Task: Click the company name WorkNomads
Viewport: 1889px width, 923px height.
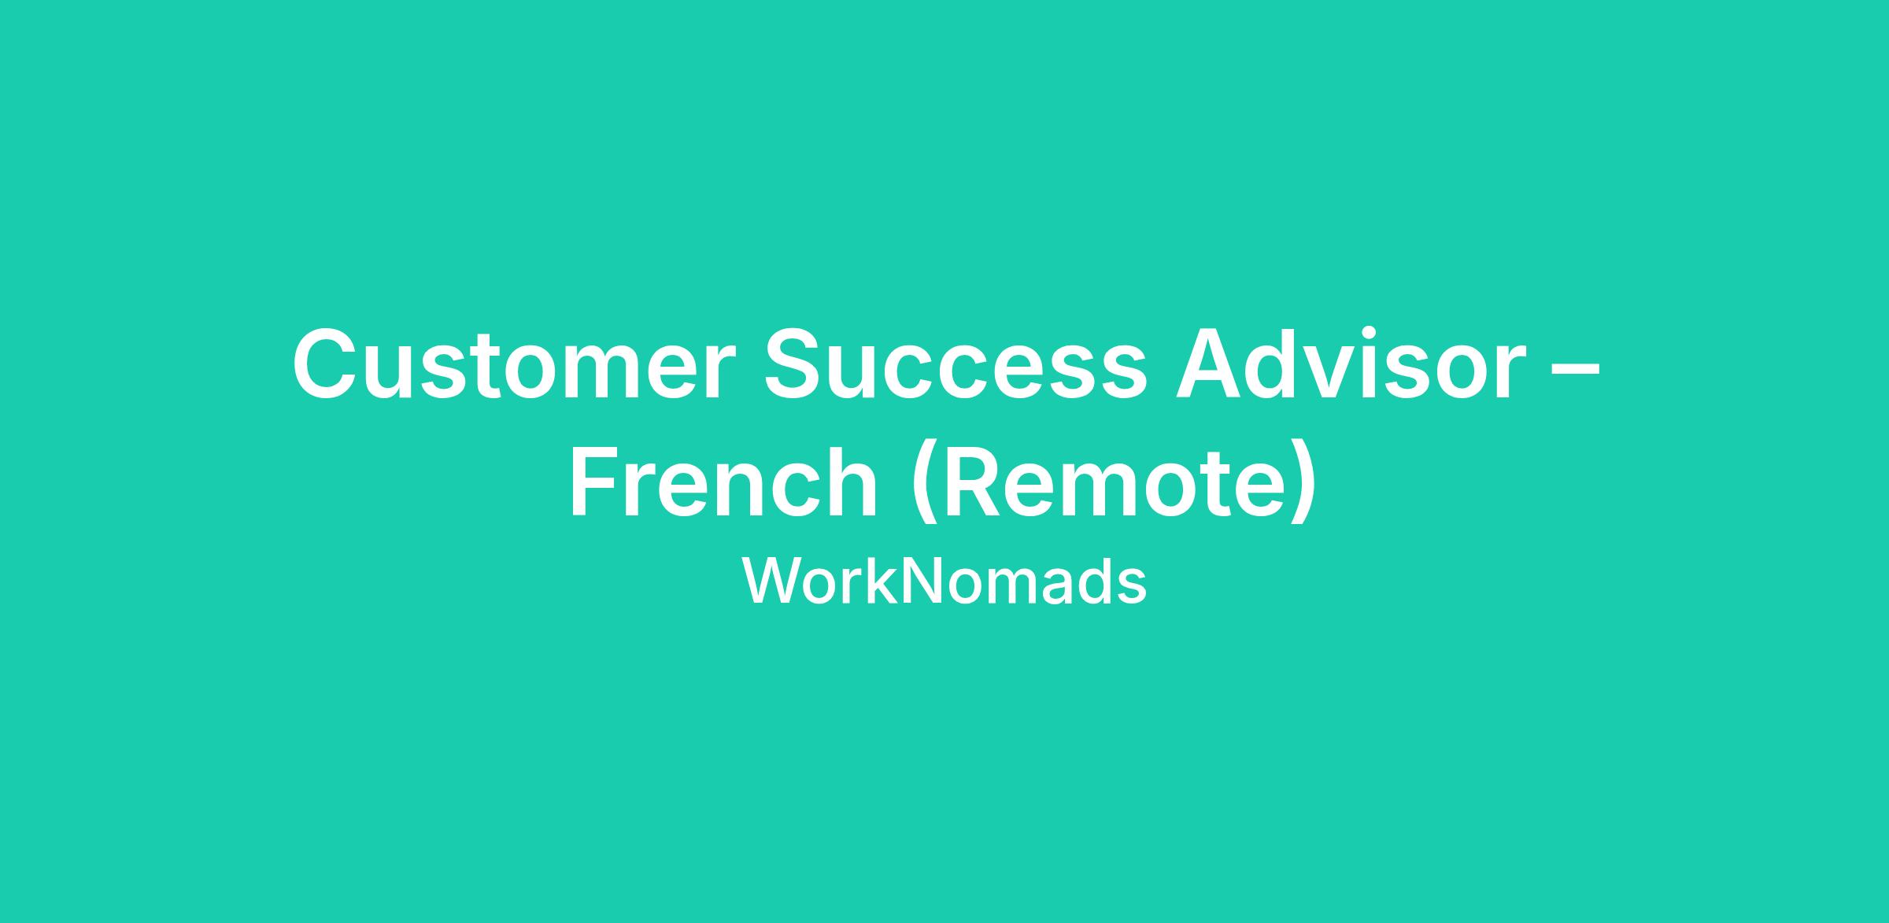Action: pos(944,582)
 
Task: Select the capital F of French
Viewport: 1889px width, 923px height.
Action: pos(595,482)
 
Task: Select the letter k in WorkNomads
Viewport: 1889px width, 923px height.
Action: pos(884,582)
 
